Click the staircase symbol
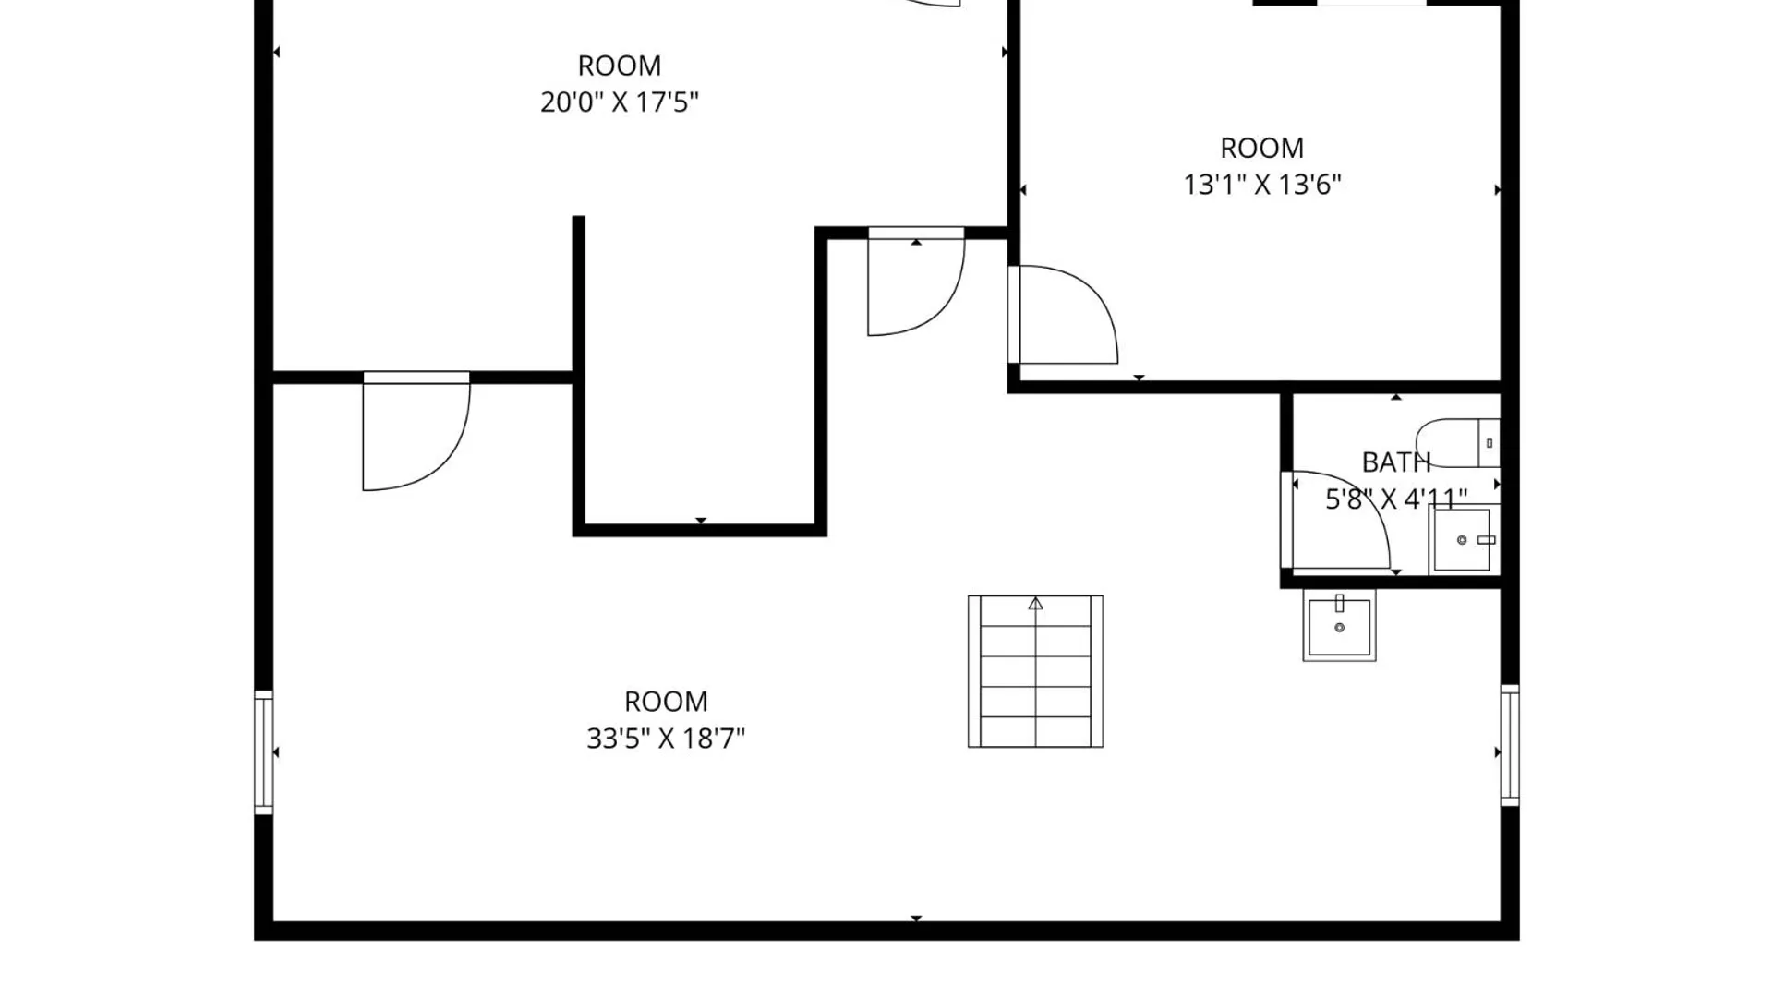coord(1035,671)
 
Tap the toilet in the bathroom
coord(1458,443)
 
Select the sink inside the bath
coord(1463,540)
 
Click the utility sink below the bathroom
coord(1339,625)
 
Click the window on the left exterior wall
coord(264,752)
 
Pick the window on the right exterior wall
coord(1510,745)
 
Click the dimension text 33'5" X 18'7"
coord(666,739)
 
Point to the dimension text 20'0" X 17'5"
coord(620,102)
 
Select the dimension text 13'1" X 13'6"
coord(1262,185)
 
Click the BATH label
coord(1396,462)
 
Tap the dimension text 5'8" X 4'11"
coord(1396,499)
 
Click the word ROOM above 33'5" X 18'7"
coord(666,702)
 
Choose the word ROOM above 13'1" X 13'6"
coord(1262,148)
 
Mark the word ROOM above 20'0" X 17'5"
coord(620,66)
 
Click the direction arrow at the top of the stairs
coord(1035,604)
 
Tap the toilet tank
coord(1489,443)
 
